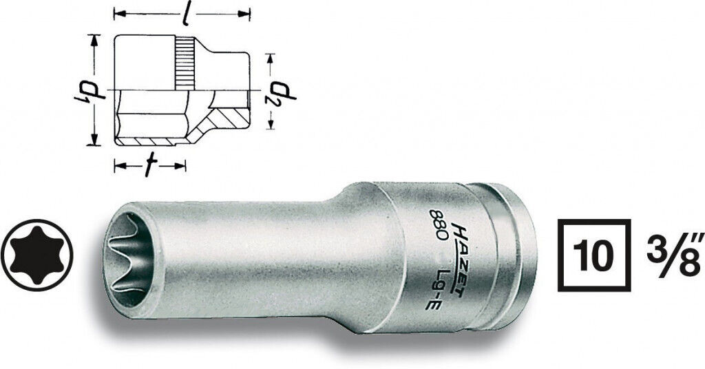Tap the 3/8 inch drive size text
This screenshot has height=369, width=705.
click(x=673, y=255)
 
